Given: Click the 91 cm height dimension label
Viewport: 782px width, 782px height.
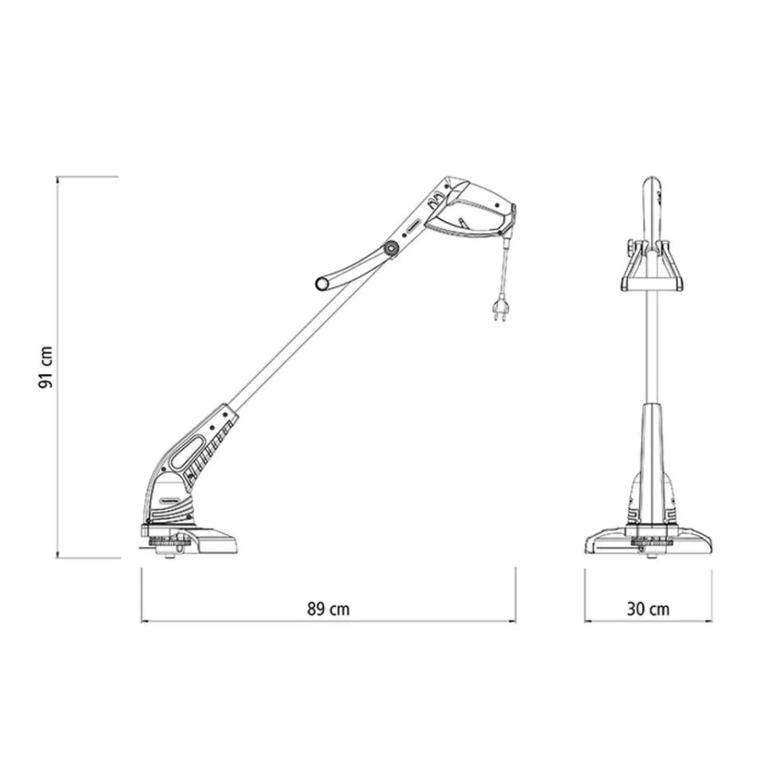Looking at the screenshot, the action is click(x=45, y=367).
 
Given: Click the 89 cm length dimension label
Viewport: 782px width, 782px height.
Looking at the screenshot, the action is click(x=328, y=609).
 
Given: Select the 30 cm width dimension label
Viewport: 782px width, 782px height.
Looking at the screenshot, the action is click(x=647, y=609).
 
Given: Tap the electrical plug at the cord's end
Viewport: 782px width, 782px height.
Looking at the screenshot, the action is click(x=500, y=308).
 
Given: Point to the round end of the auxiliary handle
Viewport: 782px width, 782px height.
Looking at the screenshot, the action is click(x=322, y=285).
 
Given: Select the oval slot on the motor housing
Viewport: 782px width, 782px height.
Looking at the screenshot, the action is click(x=188, y=452).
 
